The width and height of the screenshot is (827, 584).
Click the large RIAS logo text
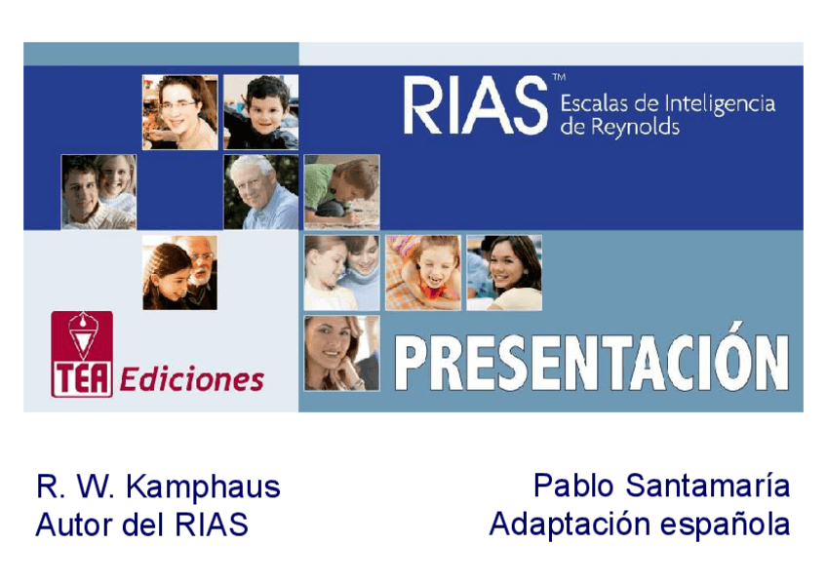pos(476,106)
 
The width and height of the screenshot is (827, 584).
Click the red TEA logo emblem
pos(82,354)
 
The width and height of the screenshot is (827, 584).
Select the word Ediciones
pos(192,379)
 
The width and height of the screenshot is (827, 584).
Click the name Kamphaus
pos(203,487)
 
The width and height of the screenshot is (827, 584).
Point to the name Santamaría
pos(708,485)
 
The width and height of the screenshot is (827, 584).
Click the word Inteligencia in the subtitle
pos(720,104)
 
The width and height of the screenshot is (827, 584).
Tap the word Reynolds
pos(635,127)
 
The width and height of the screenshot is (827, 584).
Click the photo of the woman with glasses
pos(179,112)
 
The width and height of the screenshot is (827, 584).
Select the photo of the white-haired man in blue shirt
pos(261,192)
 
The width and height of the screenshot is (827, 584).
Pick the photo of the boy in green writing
pos(341,192)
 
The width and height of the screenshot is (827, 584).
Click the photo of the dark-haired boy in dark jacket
pos(261,112)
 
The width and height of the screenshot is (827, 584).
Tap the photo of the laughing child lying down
pos(423,272)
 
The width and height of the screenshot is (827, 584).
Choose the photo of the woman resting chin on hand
pos(341,353)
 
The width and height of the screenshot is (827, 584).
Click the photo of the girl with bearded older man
pos(179,272)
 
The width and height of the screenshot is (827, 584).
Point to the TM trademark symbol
pos(559,77)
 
